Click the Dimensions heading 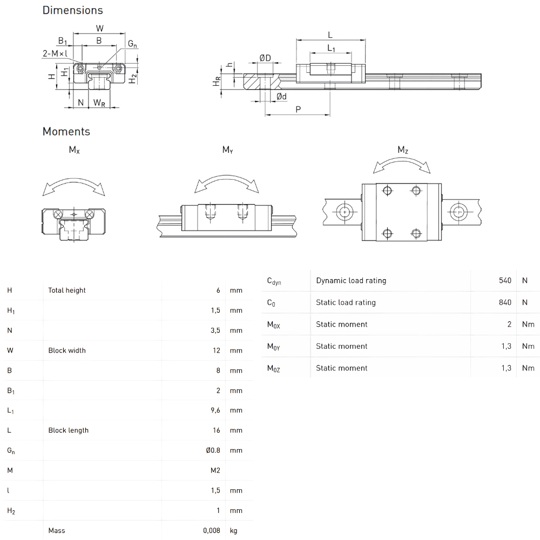73,10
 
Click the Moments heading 66,132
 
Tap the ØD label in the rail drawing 265,58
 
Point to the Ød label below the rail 281,97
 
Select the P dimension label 298,110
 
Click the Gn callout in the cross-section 132,44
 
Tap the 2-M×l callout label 55,53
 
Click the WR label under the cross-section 99,103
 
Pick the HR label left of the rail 217,82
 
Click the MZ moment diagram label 403,150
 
